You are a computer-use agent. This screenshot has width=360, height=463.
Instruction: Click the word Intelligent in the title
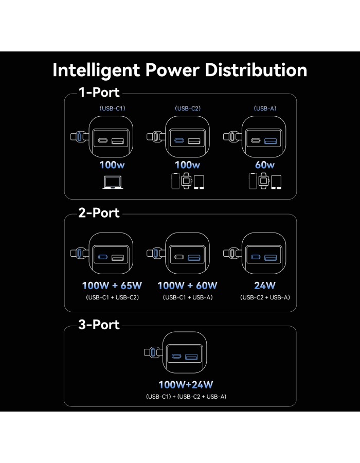96,71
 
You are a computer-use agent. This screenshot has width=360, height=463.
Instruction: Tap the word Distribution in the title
256,70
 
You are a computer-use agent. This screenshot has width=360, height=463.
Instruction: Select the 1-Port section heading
99,92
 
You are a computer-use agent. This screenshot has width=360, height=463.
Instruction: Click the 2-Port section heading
99,212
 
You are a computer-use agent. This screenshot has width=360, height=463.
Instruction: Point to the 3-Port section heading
99,325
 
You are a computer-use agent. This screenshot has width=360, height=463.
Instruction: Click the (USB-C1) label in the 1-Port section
112,109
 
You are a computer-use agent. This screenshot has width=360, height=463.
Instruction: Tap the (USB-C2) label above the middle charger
188,109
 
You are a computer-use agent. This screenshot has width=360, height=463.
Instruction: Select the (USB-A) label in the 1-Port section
265,109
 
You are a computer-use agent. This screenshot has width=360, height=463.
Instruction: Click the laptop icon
113,182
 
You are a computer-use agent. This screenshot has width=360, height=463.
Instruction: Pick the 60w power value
265,165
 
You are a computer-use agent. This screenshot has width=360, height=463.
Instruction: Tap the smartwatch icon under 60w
263,181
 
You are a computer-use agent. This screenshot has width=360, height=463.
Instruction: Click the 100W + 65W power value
112,286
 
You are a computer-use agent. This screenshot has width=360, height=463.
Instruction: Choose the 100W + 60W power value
187,286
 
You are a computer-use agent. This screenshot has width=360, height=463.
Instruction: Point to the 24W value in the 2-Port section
265,286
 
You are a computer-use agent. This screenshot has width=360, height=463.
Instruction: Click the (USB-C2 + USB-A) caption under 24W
265,297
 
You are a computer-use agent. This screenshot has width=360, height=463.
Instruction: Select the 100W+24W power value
186,384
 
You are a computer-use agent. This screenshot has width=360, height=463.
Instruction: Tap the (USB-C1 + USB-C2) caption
112,297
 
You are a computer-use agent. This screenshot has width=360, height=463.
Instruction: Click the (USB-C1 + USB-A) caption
188,297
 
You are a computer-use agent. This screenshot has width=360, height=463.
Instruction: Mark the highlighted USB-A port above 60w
271,141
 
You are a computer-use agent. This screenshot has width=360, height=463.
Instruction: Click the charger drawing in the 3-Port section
175,352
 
